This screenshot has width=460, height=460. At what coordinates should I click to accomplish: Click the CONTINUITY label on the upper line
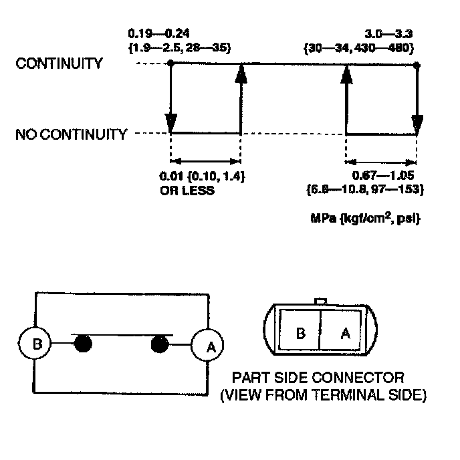point(60,64)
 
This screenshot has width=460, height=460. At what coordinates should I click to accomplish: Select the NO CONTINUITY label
point(71,134)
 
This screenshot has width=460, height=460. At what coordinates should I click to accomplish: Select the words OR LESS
point(187,191)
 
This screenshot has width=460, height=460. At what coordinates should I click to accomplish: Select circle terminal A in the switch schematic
point(207,346)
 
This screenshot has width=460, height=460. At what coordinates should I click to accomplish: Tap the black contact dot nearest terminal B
point(82,344)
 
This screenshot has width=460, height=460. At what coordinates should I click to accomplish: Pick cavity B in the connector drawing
point(300,332)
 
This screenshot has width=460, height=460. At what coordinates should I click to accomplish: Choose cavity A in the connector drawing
point(345,332)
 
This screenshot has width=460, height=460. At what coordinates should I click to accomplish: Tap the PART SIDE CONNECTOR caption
point(318,378)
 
